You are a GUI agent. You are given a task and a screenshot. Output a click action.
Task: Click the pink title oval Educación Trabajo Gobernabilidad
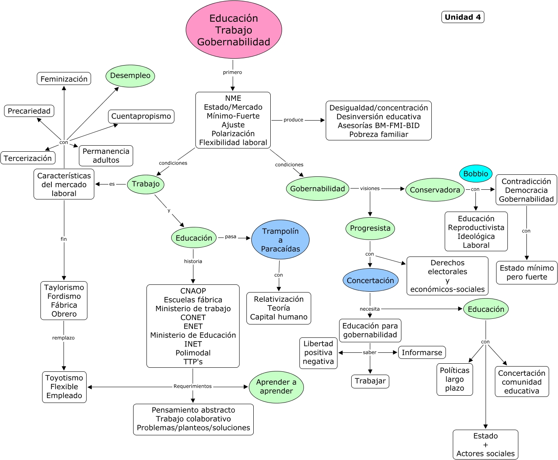click(233, 30)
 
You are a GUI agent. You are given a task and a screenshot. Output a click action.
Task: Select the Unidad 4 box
click(463, 17)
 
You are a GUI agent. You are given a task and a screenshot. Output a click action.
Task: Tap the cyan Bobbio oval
click(475, 174)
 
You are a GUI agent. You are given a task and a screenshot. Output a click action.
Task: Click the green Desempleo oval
click(130, 76)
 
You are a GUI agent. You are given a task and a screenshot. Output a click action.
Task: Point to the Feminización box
click(64, 79)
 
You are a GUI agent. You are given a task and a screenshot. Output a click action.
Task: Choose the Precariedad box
click(29, 111)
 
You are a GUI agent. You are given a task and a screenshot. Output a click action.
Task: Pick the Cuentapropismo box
click(141, 116)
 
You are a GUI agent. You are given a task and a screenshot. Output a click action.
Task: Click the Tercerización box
click(28, 158)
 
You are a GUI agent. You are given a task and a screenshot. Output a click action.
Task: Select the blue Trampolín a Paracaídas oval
click(280, 240)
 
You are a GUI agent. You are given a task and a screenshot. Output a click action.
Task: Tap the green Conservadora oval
click(435, 190)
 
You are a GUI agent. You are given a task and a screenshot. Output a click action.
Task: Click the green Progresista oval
click(370, 228)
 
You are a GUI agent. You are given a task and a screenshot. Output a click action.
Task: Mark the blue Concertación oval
click(370, 280)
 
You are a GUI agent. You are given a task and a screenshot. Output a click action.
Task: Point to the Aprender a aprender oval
click(276, 387)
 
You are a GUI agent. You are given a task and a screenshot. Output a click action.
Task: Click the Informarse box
click(422, 352)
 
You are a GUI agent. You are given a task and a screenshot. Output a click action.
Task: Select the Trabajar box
click(370, 381)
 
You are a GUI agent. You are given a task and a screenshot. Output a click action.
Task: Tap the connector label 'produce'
click(293, 120)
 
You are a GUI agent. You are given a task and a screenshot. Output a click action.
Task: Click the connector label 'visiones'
click(370, 188)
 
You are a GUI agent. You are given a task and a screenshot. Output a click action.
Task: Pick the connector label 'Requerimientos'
click(193, 386)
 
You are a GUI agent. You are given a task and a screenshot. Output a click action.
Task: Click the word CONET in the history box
click(193, 318)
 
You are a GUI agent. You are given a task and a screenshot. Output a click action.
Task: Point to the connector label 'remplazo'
click(64, 338)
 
